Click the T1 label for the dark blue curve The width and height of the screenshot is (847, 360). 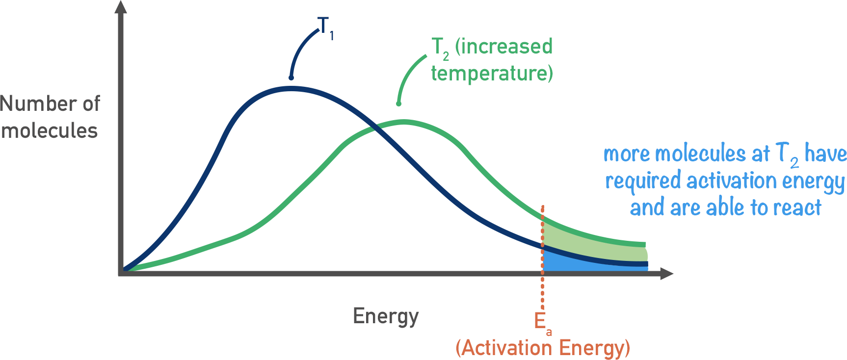click(x=325, y=27)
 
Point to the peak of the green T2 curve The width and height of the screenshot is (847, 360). click(x=403, y=122)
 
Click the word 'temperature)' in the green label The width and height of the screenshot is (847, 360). click(x=492, y=74)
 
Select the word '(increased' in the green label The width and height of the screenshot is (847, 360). click(x=503, y=47)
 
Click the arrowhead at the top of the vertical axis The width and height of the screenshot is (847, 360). click(x=121, y=7)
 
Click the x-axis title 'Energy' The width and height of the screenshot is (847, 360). click(x=386, y=316)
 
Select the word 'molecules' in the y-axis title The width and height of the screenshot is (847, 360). click(x=50, y=131)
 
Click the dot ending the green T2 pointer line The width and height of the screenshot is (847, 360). click(x=398, y=103)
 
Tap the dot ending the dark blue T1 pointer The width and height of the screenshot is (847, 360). click(x=291, y=77)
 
